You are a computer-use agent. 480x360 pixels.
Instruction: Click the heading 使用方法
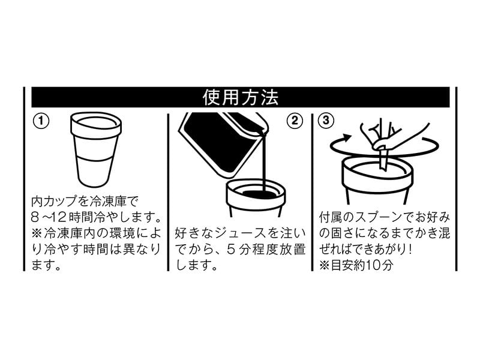(x=241, y=97)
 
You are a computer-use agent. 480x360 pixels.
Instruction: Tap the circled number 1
(x=41, y=121)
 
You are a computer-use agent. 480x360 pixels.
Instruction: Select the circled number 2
(x=294, y=121)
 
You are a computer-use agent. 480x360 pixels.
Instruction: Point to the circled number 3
(x=326, y=121)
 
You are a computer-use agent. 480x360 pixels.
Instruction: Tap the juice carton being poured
(x=223, y=145)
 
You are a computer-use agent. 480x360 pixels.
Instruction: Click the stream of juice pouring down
(x=263, y=162)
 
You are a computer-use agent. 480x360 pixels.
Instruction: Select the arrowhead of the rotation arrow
(x=347, y=138)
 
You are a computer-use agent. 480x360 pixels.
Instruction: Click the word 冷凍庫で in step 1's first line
(x=114, y=202)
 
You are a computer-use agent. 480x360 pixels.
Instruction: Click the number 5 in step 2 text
(x=231, y=250)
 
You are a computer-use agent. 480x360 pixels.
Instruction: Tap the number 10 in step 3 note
(x=373, y=265)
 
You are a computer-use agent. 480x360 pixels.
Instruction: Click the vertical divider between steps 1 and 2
(x=168, y=192)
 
